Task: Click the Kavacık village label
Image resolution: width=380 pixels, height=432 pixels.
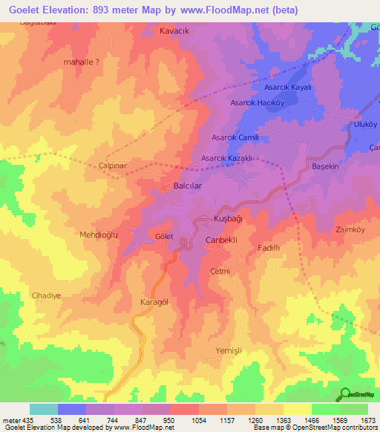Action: [175, 31]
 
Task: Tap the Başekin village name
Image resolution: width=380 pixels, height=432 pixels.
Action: [325, 167]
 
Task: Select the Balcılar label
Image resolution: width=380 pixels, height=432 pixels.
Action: [188, 186]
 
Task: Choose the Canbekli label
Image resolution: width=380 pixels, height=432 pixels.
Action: [220, 241]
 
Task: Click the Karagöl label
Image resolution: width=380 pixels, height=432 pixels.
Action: [155, 303]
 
